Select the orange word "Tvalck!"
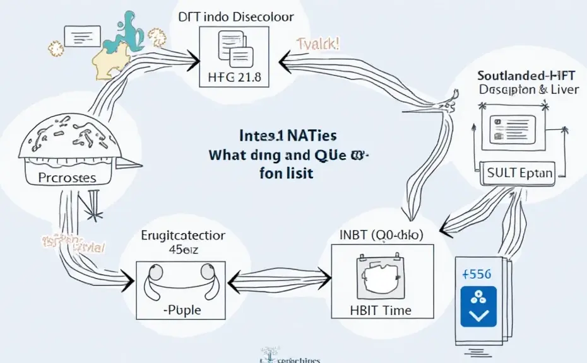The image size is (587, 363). [317, 45]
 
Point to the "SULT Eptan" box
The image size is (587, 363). [520, 173]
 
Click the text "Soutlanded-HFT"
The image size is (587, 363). [531, 74]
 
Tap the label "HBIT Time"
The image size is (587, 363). [381, 309]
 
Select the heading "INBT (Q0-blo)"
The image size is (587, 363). [381, 235]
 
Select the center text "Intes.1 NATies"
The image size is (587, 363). [287, 135]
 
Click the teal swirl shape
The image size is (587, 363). [129, 30]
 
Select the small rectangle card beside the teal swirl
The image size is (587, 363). [83, 36]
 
